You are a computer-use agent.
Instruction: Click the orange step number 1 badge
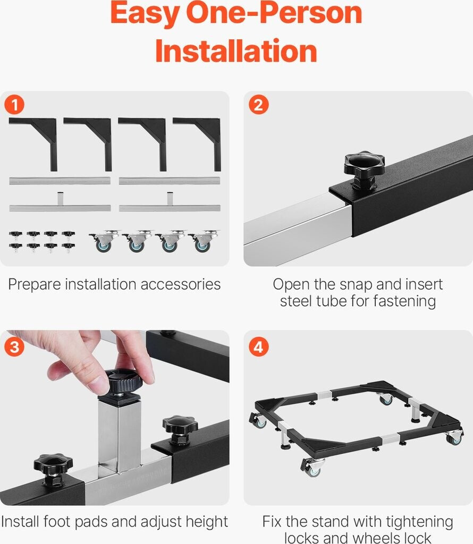click(14, 105)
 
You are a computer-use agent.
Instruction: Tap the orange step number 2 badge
click(258, 105)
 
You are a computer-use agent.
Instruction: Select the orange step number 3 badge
click(14, 346)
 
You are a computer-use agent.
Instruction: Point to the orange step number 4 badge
click(258, 346)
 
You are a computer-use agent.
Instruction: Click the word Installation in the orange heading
click(236, 51)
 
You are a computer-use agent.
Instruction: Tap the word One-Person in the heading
click(274, 14)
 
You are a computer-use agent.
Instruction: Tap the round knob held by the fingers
click(123, 381)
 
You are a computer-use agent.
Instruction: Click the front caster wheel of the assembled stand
click(312, 466)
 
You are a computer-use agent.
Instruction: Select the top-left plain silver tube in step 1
click(60, 181)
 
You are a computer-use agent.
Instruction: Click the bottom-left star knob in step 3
click(53, 466)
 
